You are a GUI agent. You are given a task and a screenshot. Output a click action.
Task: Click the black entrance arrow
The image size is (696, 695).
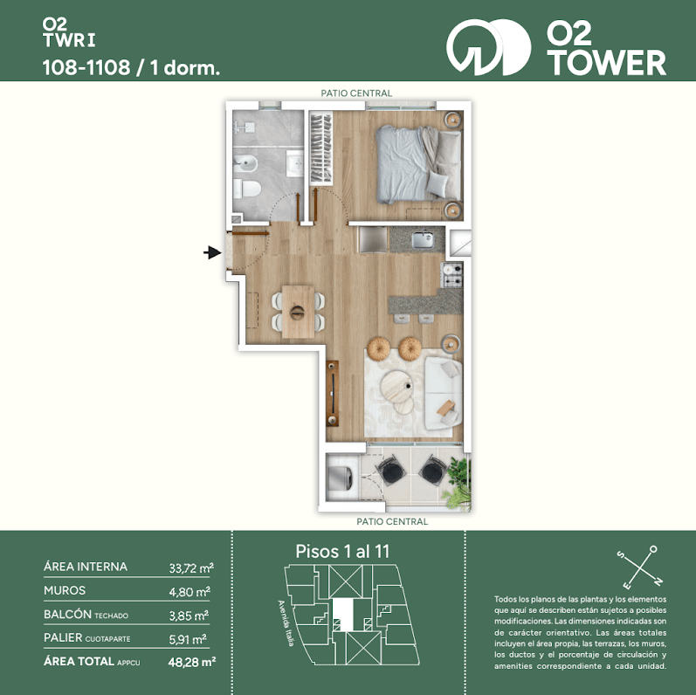pos(212,253)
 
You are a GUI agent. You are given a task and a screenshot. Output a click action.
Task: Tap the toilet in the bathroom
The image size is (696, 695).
pos(246,189)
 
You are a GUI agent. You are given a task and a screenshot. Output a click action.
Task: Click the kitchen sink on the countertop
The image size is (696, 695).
pos(423,239)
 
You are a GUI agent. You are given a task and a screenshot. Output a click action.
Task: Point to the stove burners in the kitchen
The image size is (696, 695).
pos(452,275)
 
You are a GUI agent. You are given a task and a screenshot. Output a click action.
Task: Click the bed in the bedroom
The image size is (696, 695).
pos(418,164)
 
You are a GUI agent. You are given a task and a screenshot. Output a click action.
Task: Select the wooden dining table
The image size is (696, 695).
pos(298,312)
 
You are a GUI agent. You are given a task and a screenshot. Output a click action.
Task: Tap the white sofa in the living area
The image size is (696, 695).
pos(443,393)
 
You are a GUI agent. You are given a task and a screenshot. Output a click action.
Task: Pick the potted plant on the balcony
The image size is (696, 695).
pos(458,485)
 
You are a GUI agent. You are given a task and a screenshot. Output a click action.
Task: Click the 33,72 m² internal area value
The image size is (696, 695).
pos(191,568)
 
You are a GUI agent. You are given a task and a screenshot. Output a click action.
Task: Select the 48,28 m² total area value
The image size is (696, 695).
pos(192,662)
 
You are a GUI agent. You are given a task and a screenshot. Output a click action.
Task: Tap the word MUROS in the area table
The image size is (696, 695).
pos(65,590)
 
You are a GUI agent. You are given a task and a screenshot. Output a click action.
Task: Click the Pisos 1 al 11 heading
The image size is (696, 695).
pos(342,552)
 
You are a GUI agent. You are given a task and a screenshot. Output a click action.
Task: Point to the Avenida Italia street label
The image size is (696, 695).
pos(286,623)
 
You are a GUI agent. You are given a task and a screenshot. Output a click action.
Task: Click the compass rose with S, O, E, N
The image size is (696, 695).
pos(640,567)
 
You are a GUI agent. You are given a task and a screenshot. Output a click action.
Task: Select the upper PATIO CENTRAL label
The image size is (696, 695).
pos(356,93)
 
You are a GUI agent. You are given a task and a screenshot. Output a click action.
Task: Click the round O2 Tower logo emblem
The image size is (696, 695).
pos(488,47)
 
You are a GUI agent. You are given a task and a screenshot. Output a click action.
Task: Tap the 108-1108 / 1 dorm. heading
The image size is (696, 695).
pos(131,68)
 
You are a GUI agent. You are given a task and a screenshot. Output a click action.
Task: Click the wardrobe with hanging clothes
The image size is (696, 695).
pos(320,149)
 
